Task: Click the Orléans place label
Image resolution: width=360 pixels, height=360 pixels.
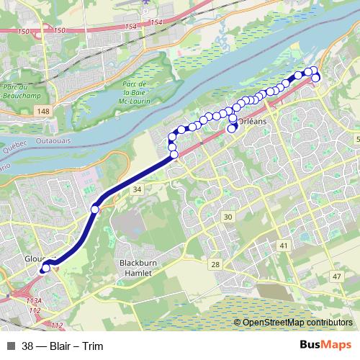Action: click(252, 121)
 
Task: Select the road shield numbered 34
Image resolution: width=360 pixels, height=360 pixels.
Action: click(138, 189)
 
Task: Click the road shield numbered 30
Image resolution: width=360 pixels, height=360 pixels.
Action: click(228, 217)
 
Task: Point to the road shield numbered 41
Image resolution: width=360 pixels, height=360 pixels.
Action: click(284, 246)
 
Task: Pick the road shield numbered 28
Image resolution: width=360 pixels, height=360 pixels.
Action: click(215, 265)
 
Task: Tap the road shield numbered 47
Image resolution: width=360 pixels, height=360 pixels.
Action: click(337, 276)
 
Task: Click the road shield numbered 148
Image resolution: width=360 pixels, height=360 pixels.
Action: click(45, 111)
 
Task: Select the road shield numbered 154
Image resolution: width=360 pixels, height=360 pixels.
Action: click(130, 27)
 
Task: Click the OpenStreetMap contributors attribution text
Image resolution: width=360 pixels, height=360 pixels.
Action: click(297, 322)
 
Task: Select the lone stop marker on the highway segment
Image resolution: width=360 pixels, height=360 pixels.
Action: click(95, 209)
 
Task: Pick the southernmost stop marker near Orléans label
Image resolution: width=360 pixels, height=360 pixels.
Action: click(232, 129)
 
